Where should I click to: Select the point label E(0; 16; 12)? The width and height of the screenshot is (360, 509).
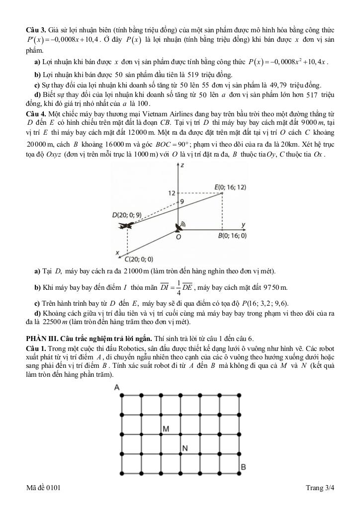[x=230, y=187]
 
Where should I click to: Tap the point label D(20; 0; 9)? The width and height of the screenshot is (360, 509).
[x=127, y=215]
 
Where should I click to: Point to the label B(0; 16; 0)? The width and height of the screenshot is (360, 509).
[x=232, y=236]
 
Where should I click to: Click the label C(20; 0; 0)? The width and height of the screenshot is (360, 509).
[x=139, y=259]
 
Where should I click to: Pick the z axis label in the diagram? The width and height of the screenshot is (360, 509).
[x=182, y=165]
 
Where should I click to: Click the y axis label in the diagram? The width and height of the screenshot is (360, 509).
[x=243, y=225]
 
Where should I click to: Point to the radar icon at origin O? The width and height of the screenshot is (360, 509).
[x=178, y=228]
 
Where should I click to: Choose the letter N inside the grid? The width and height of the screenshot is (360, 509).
[x=184, y=448]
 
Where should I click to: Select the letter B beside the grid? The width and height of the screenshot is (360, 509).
[x=243, y=467]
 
